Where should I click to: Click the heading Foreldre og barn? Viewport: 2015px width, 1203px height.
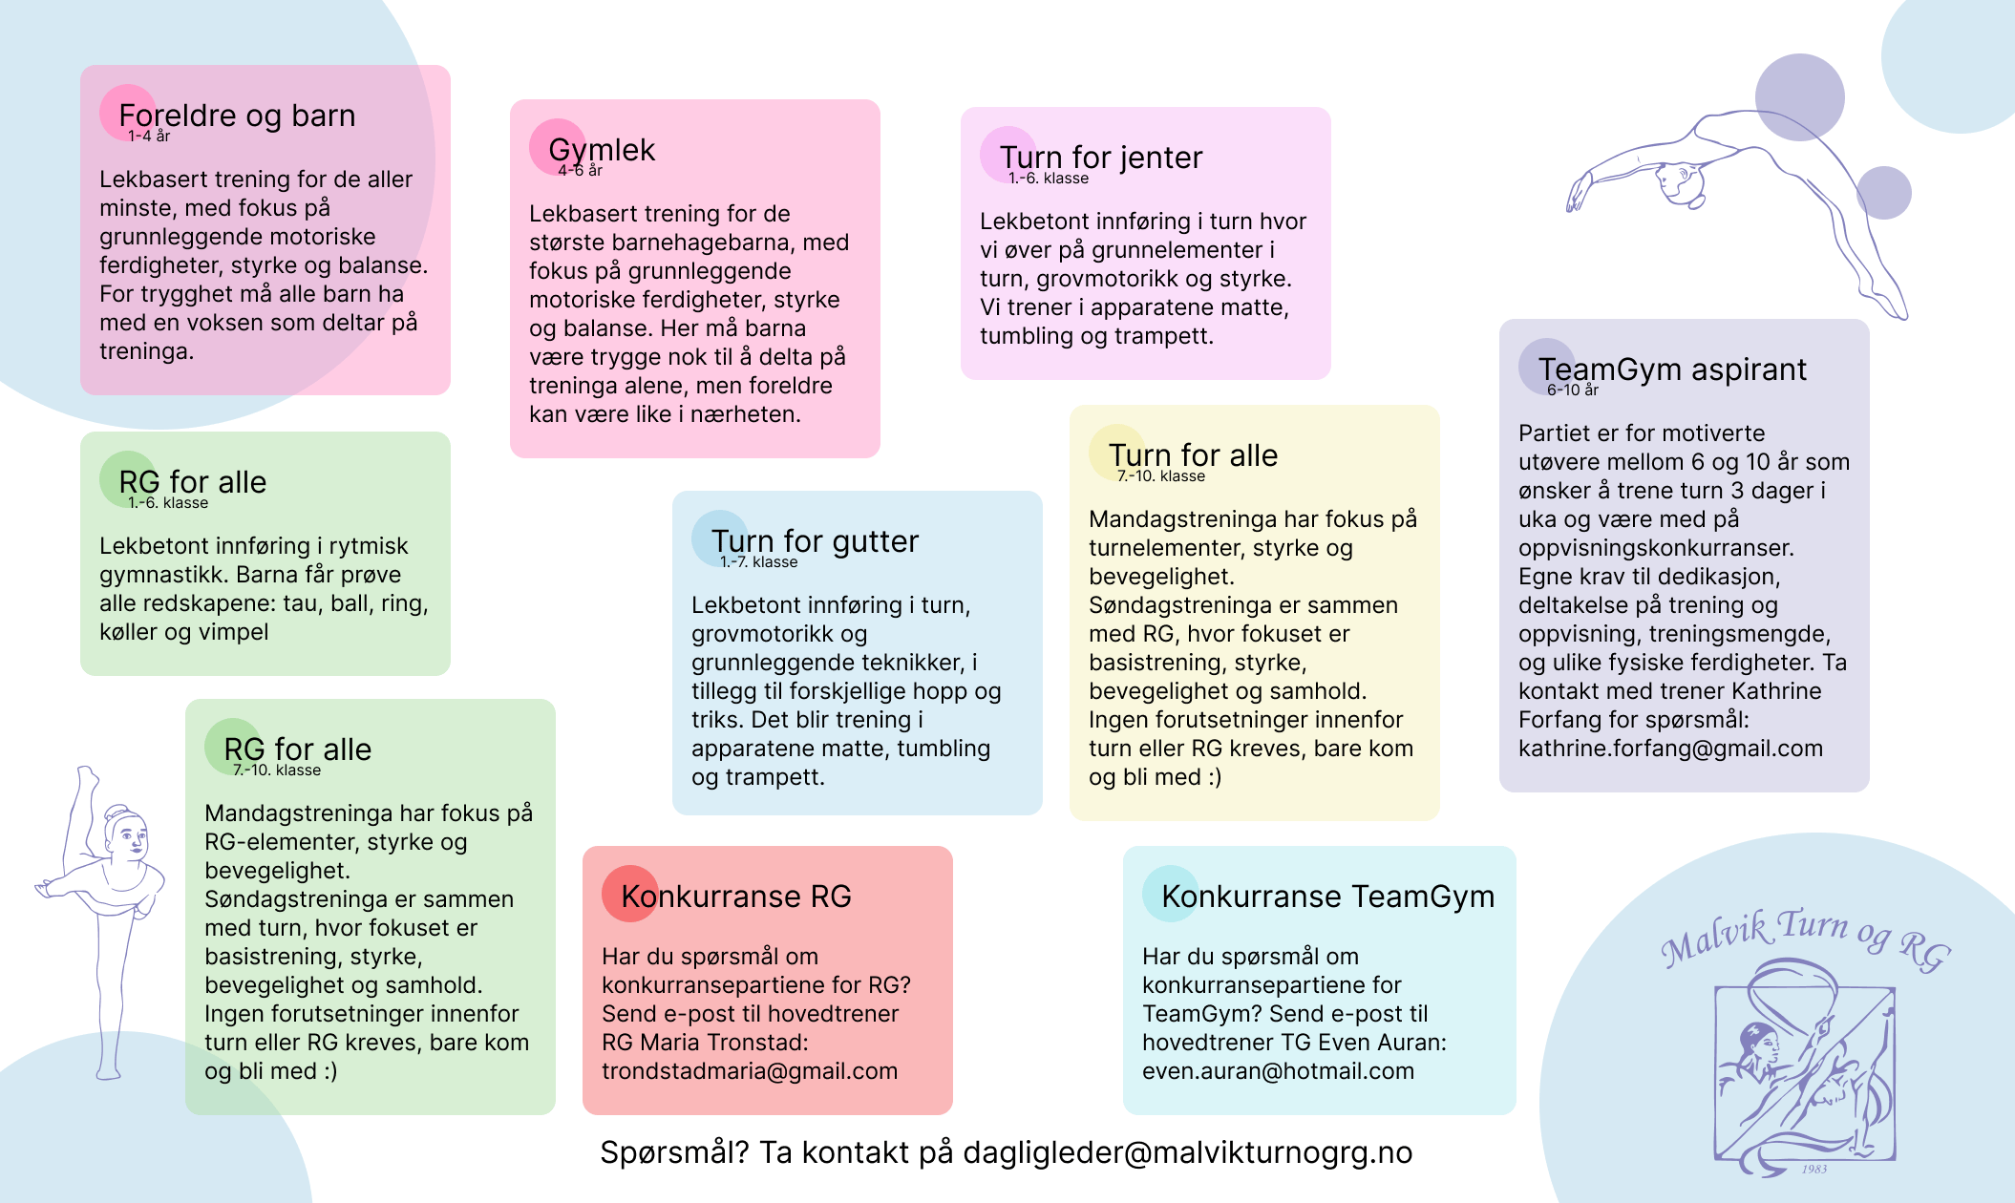(x=237, y=116)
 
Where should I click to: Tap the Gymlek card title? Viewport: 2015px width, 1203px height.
(x=602, y=150)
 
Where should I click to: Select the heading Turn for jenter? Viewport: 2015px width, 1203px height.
(x=1101, y=158)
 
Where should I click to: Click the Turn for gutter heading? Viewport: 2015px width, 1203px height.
(x=815, y=541)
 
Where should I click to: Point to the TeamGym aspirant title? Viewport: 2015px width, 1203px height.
(x=1672, y=369)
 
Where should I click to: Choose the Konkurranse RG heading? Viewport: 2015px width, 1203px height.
(x=736, y=897)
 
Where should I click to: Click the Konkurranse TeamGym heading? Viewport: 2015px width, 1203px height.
(x=1328, y=897)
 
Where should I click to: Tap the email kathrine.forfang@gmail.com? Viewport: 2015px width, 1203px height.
(x=1671, y=749)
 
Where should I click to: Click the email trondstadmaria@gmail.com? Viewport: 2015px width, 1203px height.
(x=750, y=1071)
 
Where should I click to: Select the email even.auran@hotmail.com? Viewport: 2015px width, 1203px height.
(x=1278, y=1071)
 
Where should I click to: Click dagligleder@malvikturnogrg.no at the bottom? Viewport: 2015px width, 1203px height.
(x=1188, y=1153)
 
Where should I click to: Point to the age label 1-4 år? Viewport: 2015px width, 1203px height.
(x=149, y=137)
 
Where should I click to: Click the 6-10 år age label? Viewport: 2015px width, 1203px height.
(x=1573, y=390)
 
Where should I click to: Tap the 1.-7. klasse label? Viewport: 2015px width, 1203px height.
(x=759, y=562)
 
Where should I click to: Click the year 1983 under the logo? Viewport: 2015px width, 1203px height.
(x=1814, y=1169)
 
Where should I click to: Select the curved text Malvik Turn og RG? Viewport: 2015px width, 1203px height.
(x=1806, y=938)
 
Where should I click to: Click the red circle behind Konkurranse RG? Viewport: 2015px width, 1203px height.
(x=630, y=894)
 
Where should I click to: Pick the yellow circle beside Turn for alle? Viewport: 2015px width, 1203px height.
(x=1117, y=453)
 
